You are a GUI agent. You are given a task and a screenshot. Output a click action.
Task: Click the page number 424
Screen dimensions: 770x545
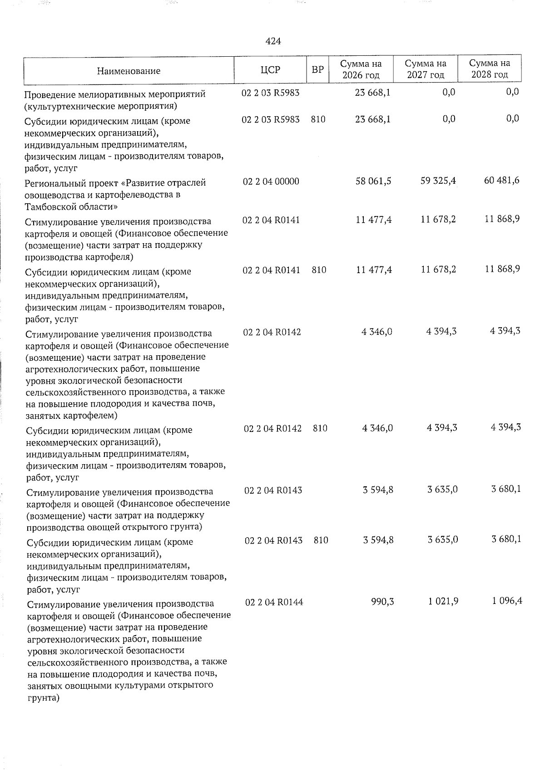(x=273, y=41)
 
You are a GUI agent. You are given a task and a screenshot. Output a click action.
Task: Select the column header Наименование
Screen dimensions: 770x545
(x=129, y=71)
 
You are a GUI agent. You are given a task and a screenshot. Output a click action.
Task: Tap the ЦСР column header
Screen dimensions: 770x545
(x=271, y=70)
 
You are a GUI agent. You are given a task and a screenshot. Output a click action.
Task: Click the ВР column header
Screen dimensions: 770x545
(x=318, y=70)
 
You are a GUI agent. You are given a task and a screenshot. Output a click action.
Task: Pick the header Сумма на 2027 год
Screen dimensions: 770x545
(x=426, y=69)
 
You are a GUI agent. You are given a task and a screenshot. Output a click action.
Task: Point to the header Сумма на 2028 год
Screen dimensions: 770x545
(x=490, y=69)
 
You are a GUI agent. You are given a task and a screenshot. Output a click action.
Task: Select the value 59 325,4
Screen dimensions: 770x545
(x=439, y=181)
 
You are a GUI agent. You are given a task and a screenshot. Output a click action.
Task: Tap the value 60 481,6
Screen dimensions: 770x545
(x=502, y=181)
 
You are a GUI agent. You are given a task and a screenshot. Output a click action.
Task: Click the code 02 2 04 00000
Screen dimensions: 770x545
(x=271, y=181)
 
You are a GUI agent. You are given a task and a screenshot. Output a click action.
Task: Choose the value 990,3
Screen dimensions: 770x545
(x=383, y=602)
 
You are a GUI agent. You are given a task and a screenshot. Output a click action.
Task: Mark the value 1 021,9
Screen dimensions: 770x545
(x=442, y=601)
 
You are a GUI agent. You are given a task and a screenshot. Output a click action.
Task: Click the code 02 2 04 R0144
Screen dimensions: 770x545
(x=274, y=602)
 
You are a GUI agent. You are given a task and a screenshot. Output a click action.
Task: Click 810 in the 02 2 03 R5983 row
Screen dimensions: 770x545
(x=318, y=119)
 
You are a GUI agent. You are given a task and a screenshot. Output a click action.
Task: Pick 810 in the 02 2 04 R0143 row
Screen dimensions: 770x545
(x=321, y=540)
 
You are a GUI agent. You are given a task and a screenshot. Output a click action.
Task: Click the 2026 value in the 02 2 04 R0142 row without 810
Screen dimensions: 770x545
(x=377, y=332)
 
